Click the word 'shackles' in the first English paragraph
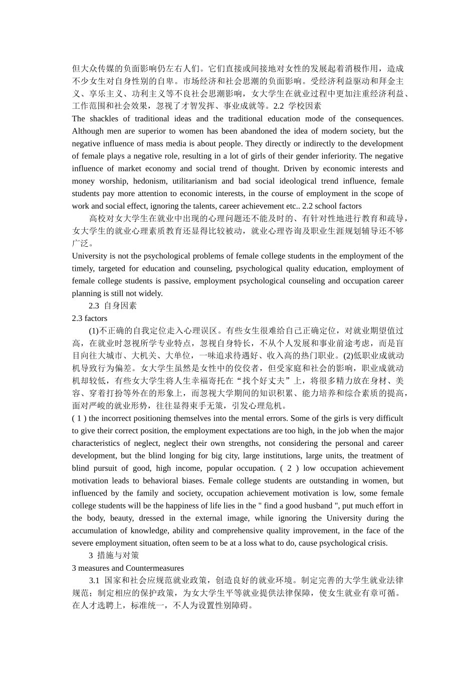click(104, 119)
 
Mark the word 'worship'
click(113, 181)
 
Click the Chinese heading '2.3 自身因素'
click(113, 306)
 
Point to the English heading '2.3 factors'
click(90, 318)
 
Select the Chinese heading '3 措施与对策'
click(114, 556)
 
